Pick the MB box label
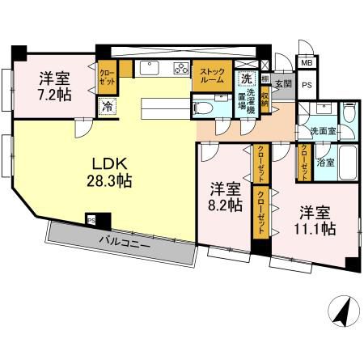[x=306, y=62]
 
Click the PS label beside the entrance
[x=307, y=83]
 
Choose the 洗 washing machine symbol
[x=246, y=78]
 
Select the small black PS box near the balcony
[x=91, y=218]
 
